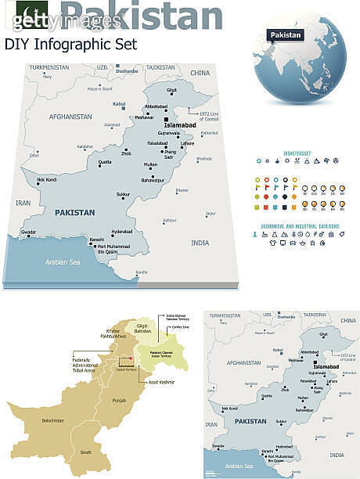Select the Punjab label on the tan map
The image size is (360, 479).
click(x=119, y=400)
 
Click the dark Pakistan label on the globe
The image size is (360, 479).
click(x=285, y=35)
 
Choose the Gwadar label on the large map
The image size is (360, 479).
click(x=29, y=232)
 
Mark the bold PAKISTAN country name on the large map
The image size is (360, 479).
click(x=74, y=212)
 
